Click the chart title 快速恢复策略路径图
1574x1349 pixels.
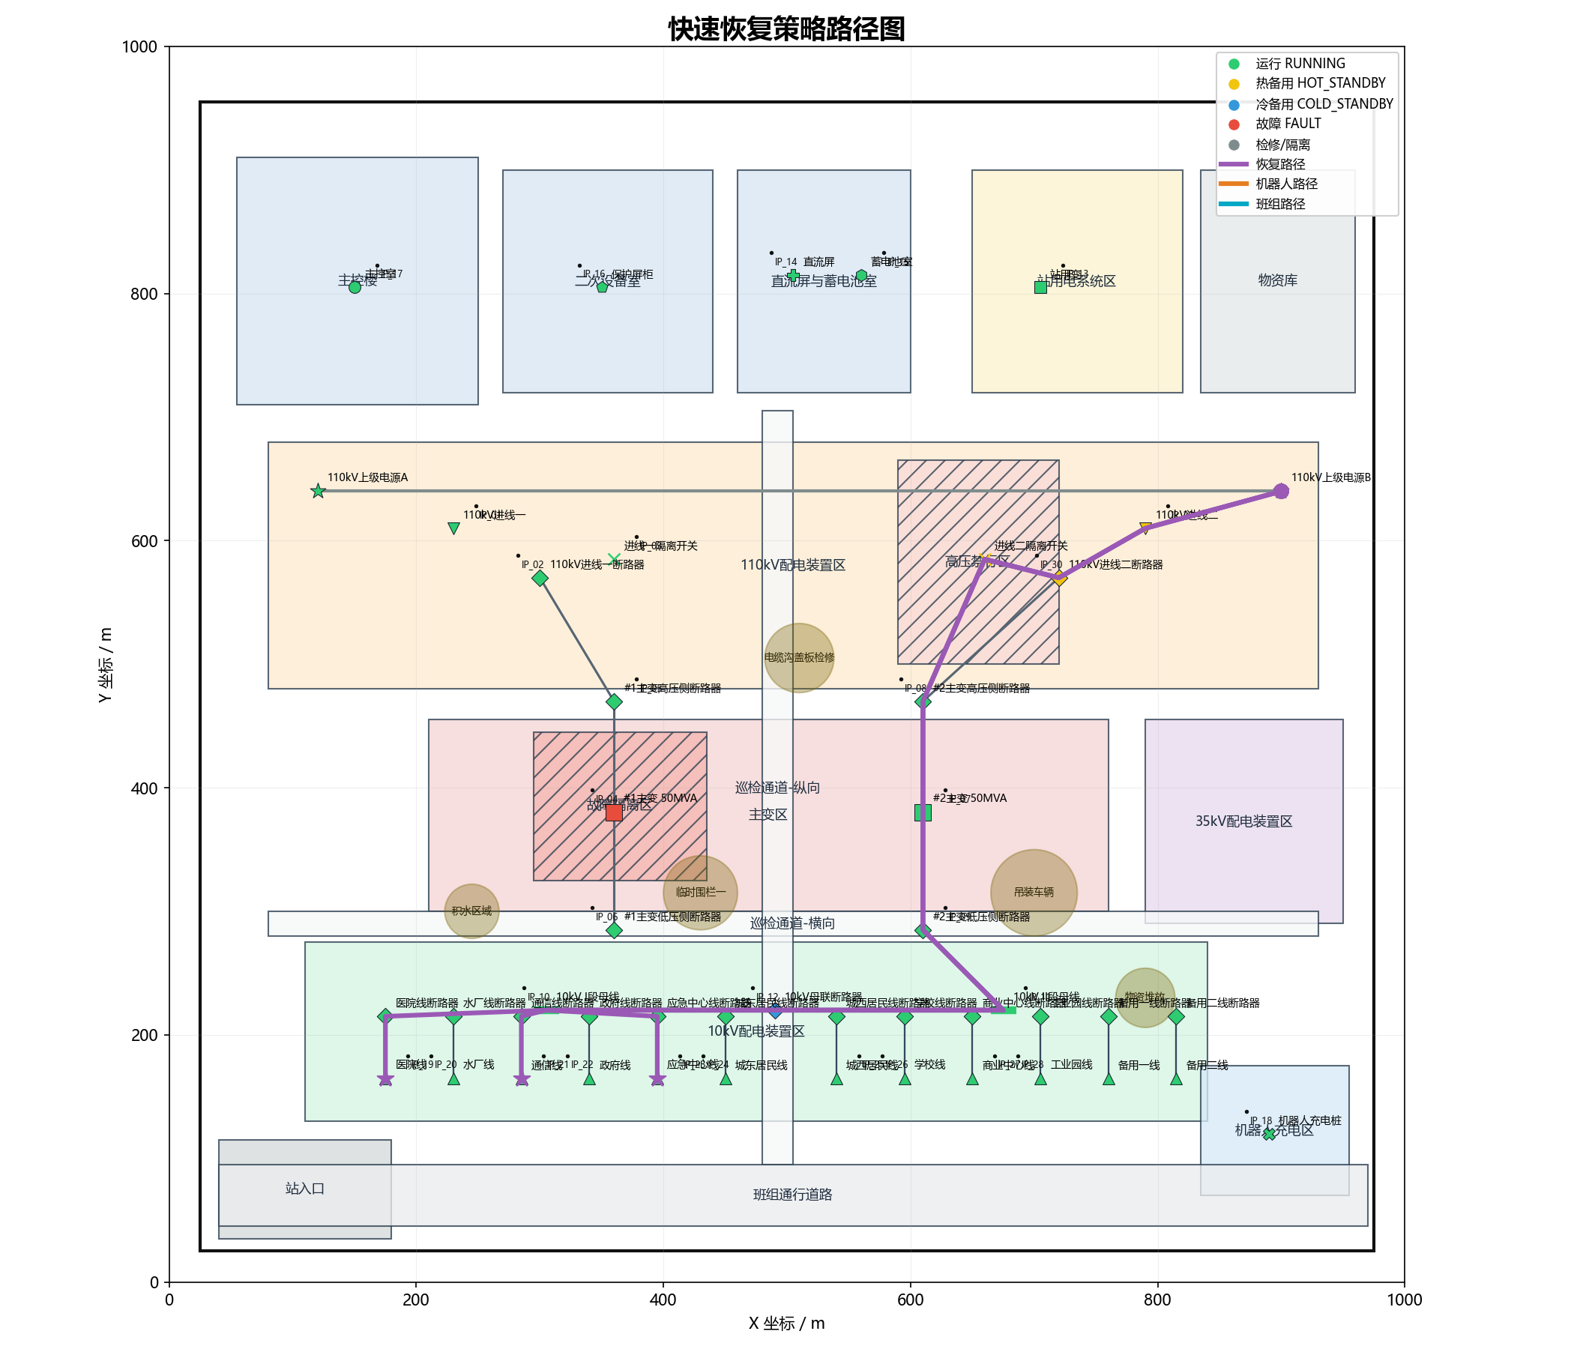(786, 30)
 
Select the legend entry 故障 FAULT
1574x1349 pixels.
(1288, 124)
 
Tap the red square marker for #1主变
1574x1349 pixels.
(614, 812)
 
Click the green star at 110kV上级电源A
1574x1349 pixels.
(319, 492)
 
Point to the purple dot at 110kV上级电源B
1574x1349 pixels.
(1281, 492)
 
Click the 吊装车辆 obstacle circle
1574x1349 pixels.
(1033, 893)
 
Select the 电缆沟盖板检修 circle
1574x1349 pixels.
(799, 658)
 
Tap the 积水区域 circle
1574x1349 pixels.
(471, 911)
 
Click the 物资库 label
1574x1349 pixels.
(1278, 280)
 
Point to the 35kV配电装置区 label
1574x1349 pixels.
(1243, 821)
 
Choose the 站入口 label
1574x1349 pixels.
(304, 1189)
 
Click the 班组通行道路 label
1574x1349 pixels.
(792, 1195)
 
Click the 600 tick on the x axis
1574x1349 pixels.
(910, 1300)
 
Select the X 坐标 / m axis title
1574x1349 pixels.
(786, 1324)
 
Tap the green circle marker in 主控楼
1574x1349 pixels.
(355, 287)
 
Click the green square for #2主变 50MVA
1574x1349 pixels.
(922, 812)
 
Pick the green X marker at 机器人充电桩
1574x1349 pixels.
(1269, 1134)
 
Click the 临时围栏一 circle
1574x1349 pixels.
(700, 893)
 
